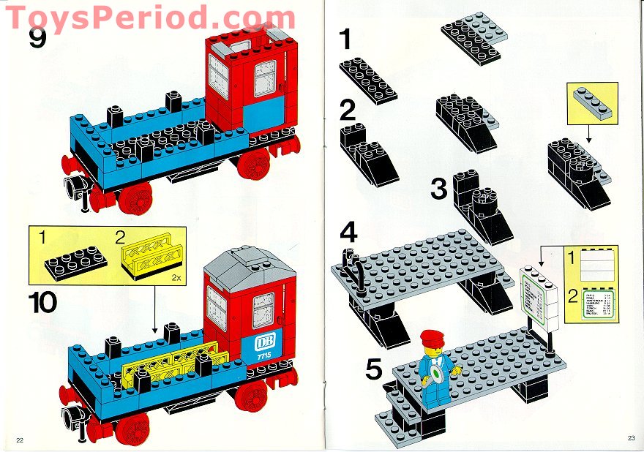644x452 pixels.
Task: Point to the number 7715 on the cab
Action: point(263,355)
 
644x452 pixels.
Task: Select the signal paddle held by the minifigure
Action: point(438,375)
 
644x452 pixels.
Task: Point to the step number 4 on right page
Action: point(348,236)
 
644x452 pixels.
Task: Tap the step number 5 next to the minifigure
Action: point(374,369)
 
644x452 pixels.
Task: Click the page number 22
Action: point(20,439)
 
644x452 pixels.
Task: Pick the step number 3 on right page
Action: point(438,189)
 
